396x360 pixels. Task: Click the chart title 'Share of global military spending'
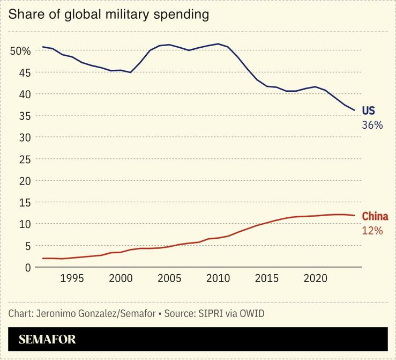108,14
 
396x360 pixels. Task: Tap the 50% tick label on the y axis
20,51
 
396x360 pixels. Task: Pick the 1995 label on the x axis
72,279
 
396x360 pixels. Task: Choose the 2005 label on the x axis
169,279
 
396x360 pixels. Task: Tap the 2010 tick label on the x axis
218,279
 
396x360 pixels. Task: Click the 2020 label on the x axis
316,279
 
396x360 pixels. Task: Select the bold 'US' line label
368,111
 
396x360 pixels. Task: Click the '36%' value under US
372,125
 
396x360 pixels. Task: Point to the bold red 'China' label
375,217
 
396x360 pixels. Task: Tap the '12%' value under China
372,231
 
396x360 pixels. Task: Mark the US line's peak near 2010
218,44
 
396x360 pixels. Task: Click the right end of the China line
354,216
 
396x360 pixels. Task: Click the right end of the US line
354,111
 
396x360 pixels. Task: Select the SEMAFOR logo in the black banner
47,339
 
